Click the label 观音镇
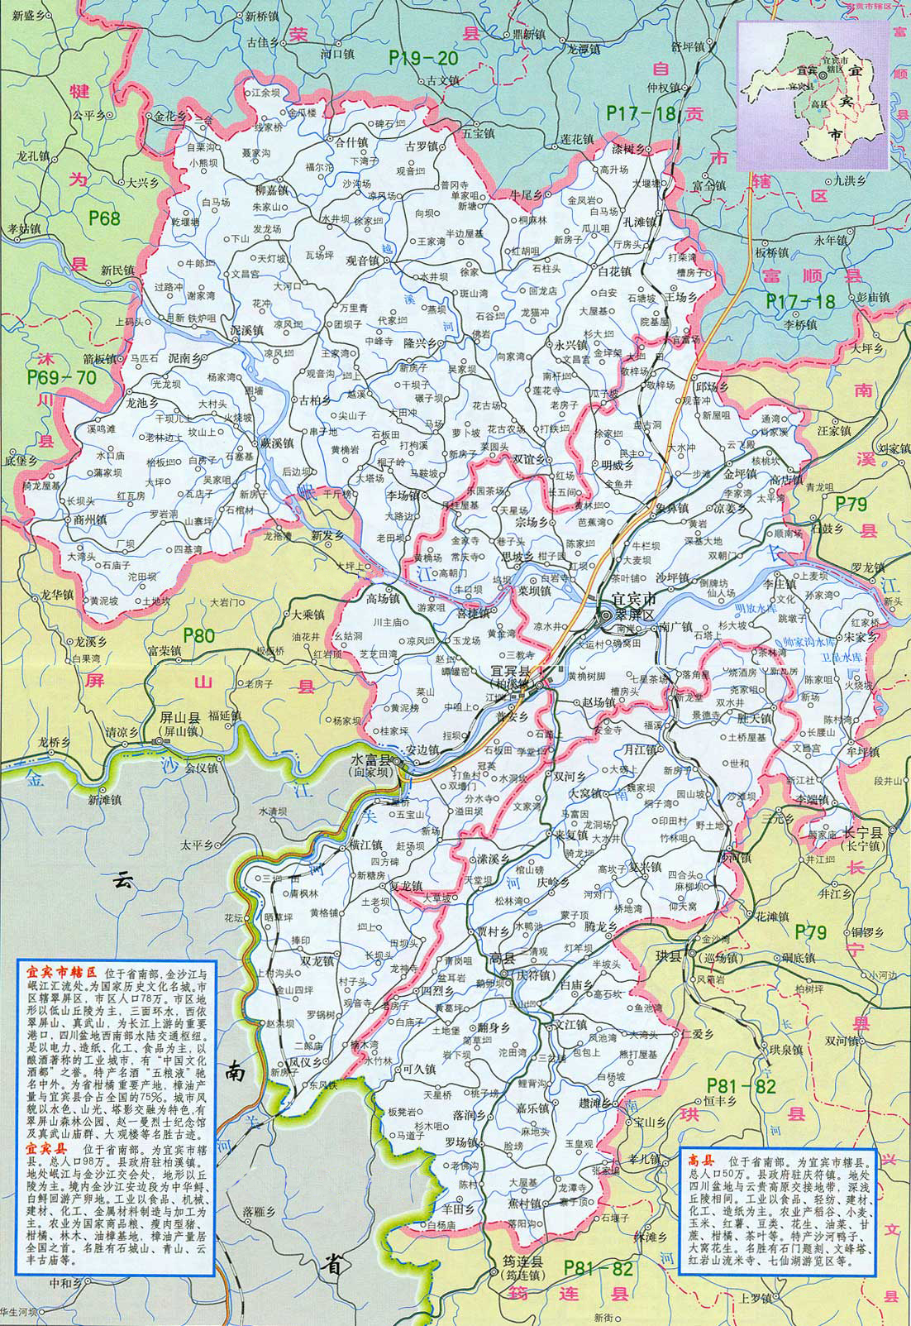(x=360, y=261)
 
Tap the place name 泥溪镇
(x=246, y=328)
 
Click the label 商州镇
(x=90, y=520)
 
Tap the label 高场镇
(x=383, y=598)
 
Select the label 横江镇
(x=365, y=845)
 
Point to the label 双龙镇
(x=317, y=961)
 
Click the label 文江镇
(x=570, y=1022)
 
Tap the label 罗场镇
(x=461, y=1142)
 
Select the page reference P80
(x=199, y=634)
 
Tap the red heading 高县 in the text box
(x=700, y=1160)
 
